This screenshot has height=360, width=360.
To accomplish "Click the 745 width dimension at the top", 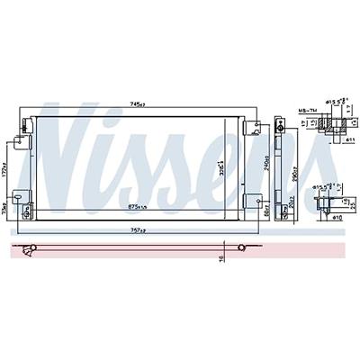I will (138, 103).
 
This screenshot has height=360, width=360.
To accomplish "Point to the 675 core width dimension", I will (138, 209).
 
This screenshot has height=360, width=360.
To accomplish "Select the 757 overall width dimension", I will (138, 229).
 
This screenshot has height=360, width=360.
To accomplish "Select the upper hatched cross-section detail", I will (332, 127).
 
